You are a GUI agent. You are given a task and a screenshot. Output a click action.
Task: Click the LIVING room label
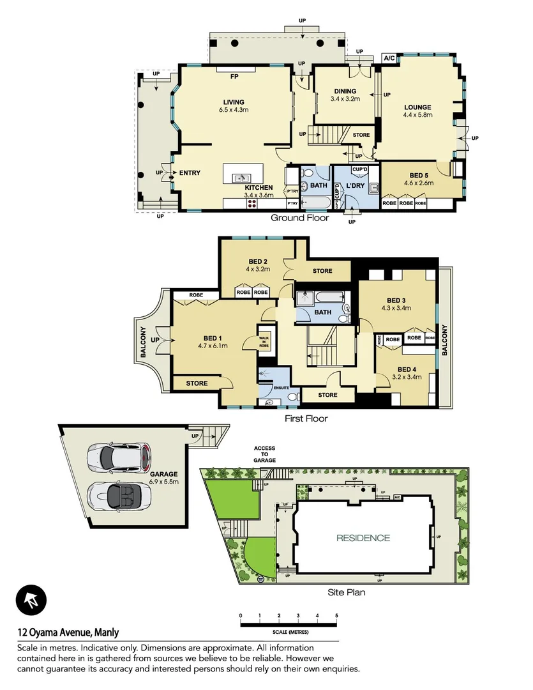(233, 102)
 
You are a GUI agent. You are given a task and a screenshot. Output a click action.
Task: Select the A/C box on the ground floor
(389, 58)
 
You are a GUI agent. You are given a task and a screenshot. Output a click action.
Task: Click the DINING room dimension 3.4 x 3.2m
(345, 99)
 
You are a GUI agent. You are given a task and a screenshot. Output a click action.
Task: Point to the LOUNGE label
(417, 107)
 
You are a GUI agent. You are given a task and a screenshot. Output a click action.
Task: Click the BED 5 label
(418, 174)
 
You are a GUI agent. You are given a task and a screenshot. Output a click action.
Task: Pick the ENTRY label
(190, 173)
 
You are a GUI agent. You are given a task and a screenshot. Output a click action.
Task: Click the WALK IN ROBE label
(264, 342)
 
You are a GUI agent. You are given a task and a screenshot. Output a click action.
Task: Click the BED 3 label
(396, 300)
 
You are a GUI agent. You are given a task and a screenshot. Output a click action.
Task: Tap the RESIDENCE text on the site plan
(363, 538)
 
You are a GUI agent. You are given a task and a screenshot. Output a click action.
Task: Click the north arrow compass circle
(30, 601)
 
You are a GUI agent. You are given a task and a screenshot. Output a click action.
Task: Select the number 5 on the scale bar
(336, 616)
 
